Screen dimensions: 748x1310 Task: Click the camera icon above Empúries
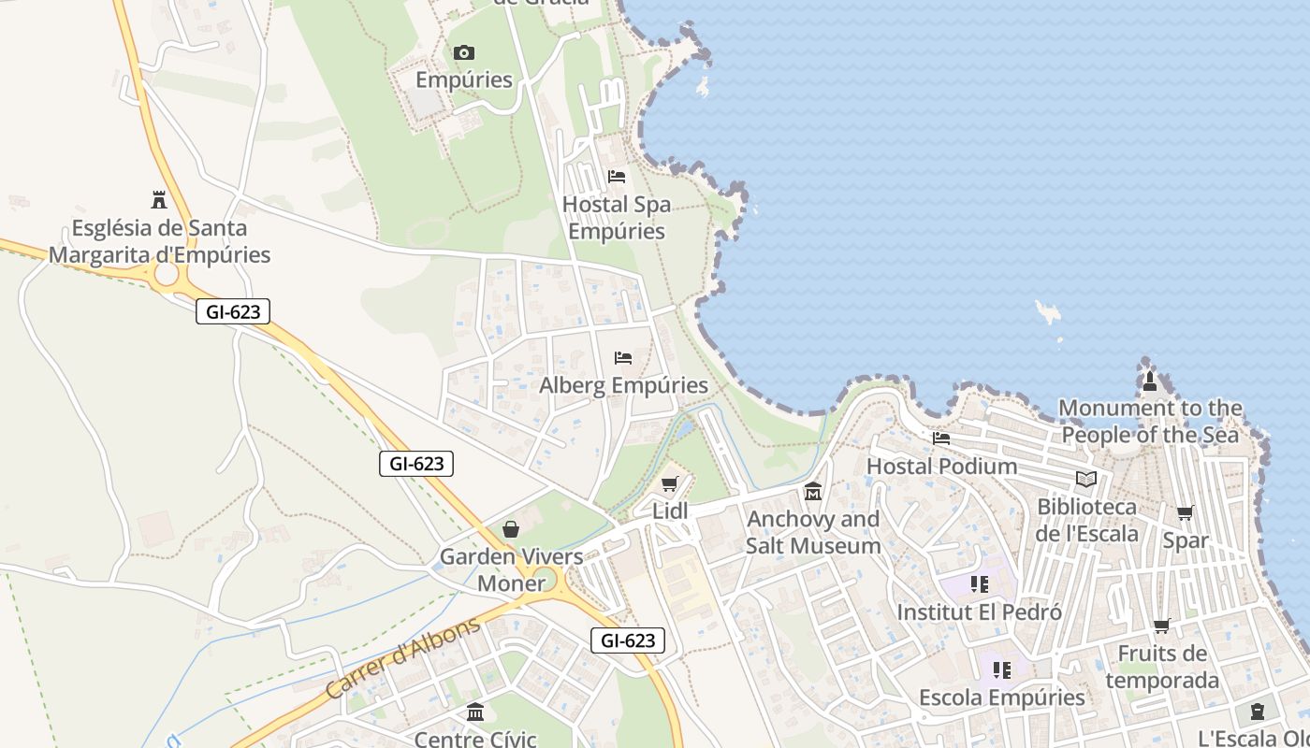pos(463,52)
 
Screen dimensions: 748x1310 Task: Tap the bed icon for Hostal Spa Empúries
pos(617,176)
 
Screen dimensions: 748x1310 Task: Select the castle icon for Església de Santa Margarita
pos(159,199)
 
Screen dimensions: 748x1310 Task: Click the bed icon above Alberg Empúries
pos(623,357)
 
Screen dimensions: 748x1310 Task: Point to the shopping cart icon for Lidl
pos(669,483)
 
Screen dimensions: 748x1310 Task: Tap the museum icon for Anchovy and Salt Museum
pos(813,491)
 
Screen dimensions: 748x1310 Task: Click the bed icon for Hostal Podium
pos(941,438)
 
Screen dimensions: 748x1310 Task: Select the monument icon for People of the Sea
pos(1150,381)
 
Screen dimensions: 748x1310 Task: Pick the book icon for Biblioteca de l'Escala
pos(1086,479)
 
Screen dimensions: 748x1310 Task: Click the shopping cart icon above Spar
pos(1186,512)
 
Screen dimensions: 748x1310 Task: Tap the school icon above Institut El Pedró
pos(980,584)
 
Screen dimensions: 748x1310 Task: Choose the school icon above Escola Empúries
pos(1002,669)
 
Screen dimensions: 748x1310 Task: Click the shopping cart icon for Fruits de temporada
pos(1162,626)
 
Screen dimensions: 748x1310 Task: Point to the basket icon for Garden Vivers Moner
pos(511,529)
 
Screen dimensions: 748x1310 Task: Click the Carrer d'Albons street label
pos(403,658)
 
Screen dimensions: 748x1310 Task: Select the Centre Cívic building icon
pos(475,712)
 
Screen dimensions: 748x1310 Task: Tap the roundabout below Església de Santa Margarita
pos(167,274)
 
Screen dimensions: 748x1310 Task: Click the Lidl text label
pos(670,511)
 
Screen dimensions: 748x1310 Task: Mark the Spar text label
pos(1186,540)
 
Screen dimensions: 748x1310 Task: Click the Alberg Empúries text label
pos(623,385)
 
